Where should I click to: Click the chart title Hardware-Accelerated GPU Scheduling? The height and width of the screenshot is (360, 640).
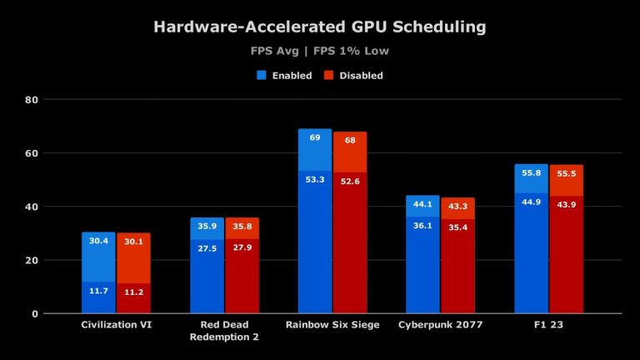click(320, 27)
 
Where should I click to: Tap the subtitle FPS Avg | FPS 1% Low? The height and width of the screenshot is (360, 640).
click(320, 52)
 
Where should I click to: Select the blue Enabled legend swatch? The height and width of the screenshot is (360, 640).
click(262, 75)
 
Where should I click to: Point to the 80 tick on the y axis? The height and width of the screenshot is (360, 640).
click(33, 100)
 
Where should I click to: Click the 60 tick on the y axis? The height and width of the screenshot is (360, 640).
click(33, 153)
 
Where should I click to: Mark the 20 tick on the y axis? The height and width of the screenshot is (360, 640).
click(33, 260)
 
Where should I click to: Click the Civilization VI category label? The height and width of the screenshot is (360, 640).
click(116, 325)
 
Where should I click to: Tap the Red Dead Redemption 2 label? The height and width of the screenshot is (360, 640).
click(224, 331)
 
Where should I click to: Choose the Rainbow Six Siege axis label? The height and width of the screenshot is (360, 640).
click(332, 325)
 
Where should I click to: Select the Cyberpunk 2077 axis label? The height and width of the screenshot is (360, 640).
click(440, 325)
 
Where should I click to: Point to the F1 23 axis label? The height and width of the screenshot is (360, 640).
click(548, 325)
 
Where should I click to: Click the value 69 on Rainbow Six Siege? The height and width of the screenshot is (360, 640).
click(315, 138)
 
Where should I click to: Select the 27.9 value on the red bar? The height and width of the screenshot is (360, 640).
click(242, 249)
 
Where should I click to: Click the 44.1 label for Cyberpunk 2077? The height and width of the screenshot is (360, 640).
click(422, 205)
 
